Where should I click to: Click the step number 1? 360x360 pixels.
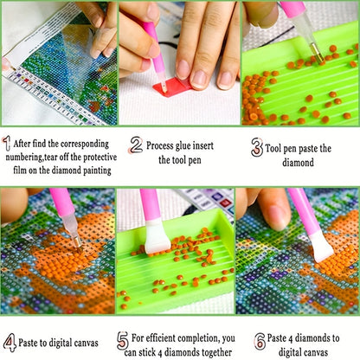(x=7, y=144)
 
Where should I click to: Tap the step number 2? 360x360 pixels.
(x=136, y=145)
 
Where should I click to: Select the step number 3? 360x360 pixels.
(x=256, y=147)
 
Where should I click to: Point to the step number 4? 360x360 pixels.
(x=10, y=343)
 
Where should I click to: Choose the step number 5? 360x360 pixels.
(x=123, y=341)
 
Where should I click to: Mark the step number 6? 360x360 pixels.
(x=260, y=341)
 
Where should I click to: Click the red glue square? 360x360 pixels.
(x=172, y=86)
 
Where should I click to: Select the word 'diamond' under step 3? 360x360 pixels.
(x=298, y=163)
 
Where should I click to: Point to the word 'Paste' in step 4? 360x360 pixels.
(x=28, y=343)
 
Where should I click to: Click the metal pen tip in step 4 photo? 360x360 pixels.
(x=77, y=241)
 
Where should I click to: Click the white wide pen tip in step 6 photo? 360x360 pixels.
(x=321, y=247)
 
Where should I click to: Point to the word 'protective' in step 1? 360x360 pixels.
(x=100, y=157)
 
